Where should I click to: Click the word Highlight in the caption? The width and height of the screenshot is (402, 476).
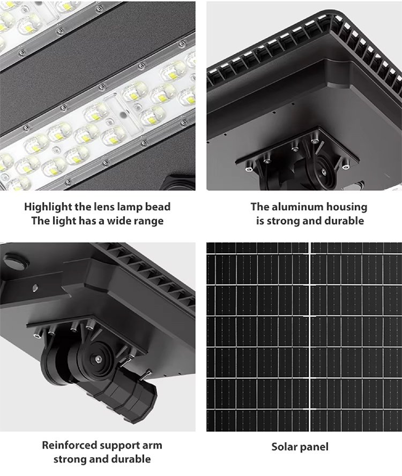[48, 207]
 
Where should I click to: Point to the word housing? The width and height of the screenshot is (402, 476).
[347, 207]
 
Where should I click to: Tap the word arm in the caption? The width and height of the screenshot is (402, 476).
[152, 445]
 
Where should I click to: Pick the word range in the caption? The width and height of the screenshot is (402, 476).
[150, 221]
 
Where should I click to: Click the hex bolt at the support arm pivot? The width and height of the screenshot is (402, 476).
[98, 359]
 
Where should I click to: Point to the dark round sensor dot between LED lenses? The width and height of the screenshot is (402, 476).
[123, 115]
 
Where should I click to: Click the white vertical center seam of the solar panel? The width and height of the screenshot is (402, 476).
[310, 337]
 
